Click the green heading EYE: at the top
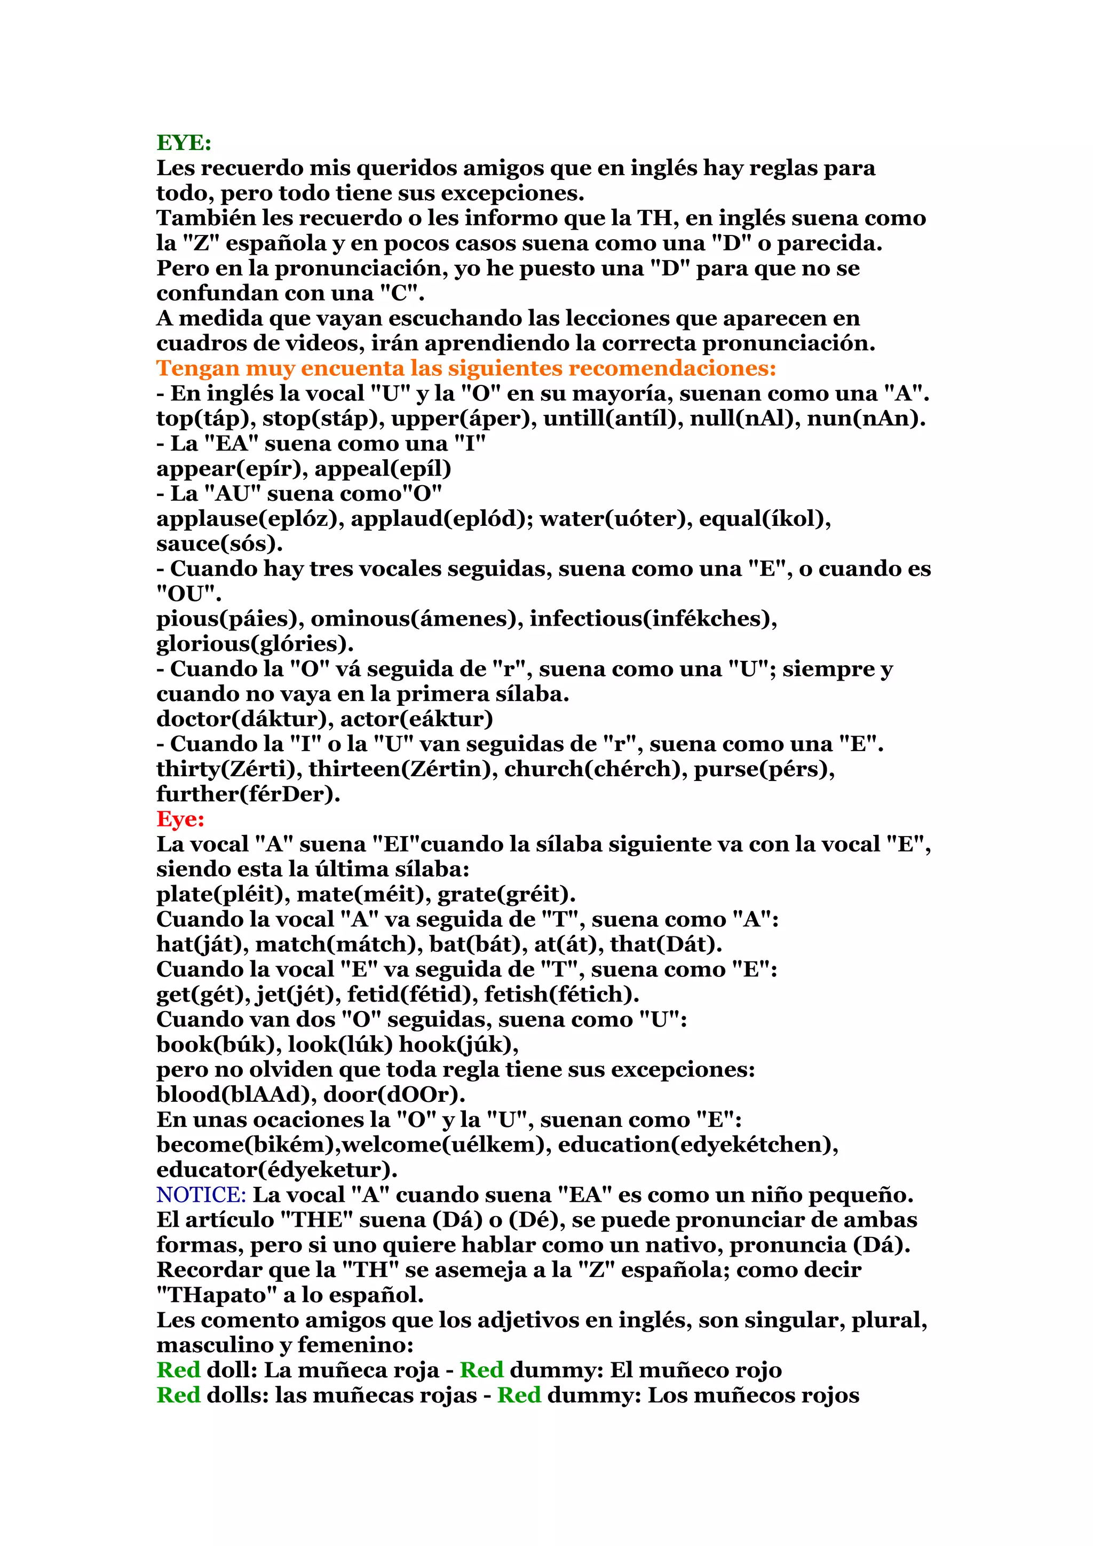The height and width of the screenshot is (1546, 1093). point(184,143)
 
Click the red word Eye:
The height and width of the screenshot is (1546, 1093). point(180,819)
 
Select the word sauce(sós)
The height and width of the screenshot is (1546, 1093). point(219,543)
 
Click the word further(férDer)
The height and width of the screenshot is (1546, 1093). point(248,794)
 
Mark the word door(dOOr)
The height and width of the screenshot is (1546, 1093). point(394,1095)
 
